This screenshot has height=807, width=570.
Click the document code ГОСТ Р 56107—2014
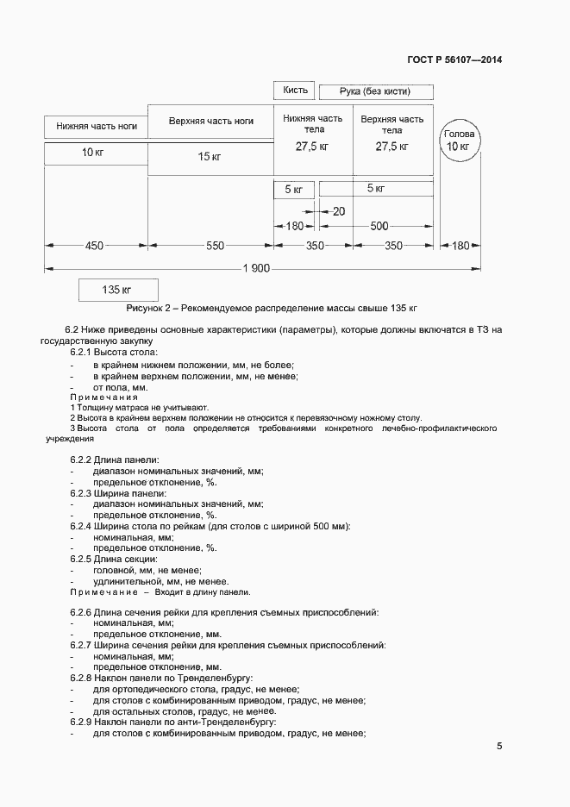(454, 60)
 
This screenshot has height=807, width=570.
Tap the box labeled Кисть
(295, 91)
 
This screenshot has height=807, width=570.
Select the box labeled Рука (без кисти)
(375, 91)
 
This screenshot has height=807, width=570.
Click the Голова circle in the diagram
(458, 141)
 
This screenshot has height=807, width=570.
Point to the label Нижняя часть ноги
(97, 126)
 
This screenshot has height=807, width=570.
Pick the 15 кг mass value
(210, 156)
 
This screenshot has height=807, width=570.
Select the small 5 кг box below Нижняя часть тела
(293, 189)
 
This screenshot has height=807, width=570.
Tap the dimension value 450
(94, 246)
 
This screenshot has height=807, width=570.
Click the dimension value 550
(215, 246)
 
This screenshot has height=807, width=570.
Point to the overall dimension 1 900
(257, 269)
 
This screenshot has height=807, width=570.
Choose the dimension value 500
(379, 226)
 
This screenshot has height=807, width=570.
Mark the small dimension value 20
(338, 211)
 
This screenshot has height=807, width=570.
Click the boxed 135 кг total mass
(116, 290)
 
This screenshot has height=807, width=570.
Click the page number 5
(499, 747)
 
